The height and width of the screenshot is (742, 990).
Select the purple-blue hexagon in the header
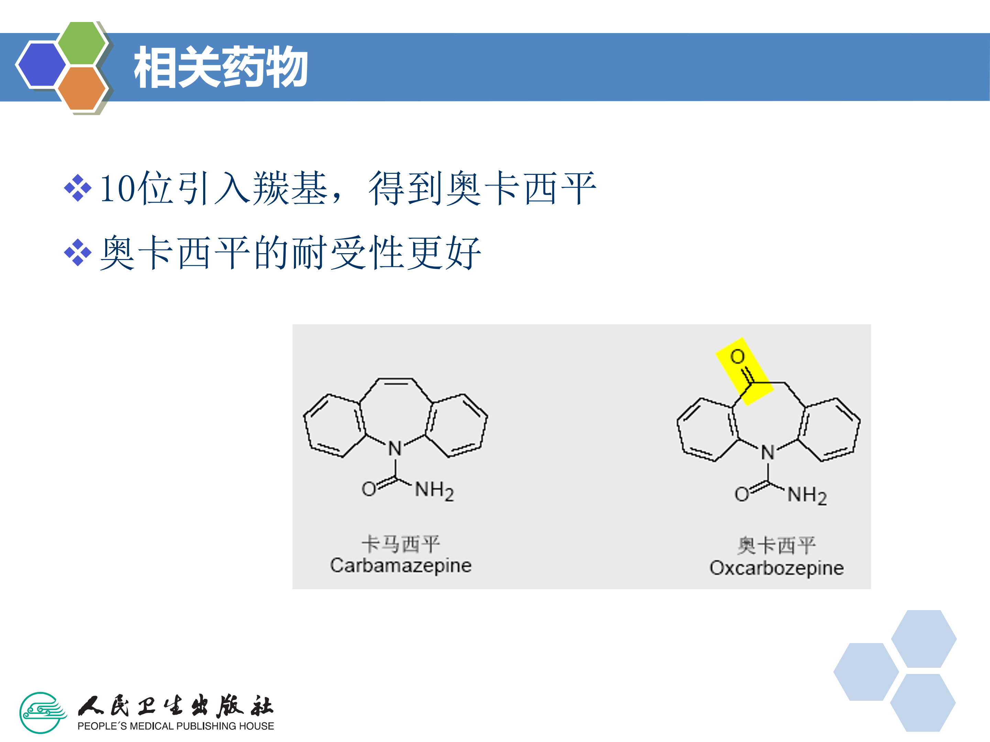pos(41,64)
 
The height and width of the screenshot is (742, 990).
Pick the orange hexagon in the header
pos(82,88)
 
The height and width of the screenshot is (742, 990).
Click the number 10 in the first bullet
pos(117,189)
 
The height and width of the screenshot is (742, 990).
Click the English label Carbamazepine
pos(400,566)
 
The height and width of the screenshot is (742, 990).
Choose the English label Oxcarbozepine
pos(777,568)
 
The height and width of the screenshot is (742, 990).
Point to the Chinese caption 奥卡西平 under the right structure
pos(777,546)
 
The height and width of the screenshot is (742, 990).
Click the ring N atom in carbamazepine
pos(395,449)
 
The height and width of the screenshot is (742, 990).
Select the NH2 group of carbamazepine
pos(434,490)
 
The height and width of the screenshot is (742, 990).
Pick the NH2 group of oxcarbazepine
pos(807,496)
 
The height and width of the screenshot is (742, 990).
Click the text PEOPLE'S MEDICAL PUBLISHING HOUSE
pos(175,726)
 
